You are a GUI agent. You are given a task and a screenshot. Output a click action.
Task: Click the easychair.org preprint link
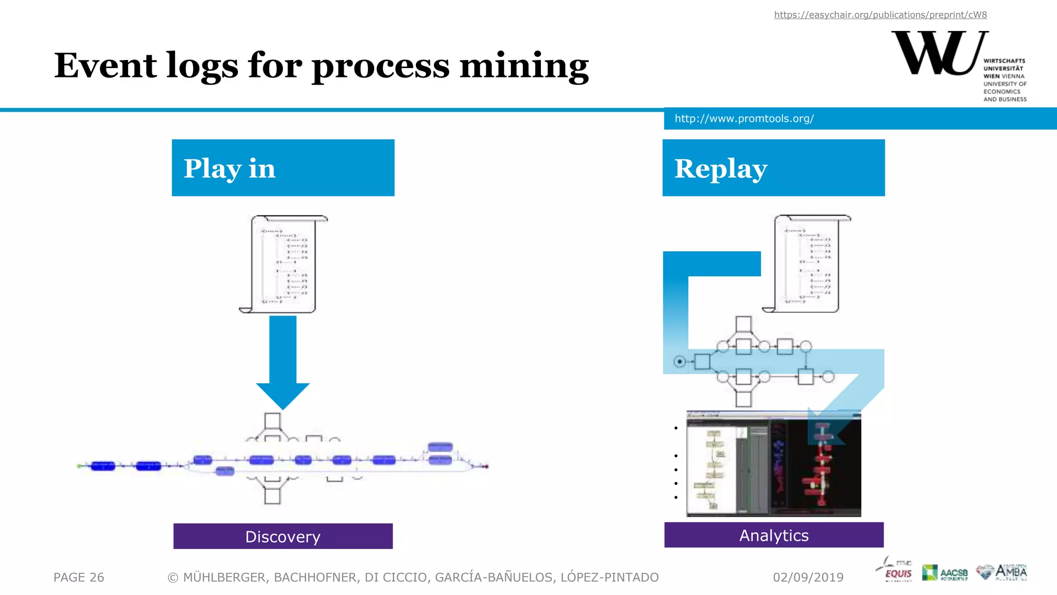(880, 15)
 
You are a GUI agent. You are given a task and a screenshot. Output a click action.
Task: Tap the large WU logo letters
(938, 53)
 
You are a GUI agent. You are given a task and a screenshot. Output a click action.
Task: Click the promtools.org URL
(744, 119)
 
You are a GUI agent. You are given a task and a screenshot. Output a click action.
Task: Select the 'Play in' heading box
(283, 168)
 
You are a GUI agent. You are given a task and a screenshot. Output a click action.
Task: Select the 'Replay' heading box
(773, 168)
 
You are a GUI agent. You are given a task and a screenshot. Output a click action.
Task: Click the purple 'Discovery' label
(283, 536)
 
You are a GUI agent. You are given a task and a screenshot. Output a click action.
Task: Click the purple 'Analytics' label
(773, 535)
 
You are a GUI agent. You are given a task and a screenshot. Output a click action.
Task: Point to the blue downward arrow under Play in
(283, 362)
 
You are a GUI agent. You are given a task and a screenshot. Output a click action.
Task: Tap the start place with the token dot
(680, 362)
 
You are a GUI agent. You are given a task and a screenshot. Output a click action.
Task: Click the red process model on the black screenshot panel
(822, 465)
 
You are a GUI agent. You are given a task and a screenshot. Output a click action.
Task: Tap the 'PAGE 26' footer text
(78, 577)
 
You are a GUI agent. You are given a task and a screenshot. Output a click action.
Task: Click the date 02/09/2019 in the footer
(808, 577)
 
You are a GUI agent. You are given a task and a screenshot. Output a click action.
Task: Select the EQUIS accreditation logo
(895, 571)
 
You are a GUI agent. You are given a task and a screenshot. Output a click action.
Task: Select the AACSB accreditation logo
(944, 572)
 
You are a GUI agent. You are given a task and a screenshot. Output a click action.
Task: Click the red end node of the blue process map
(486, 466)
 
